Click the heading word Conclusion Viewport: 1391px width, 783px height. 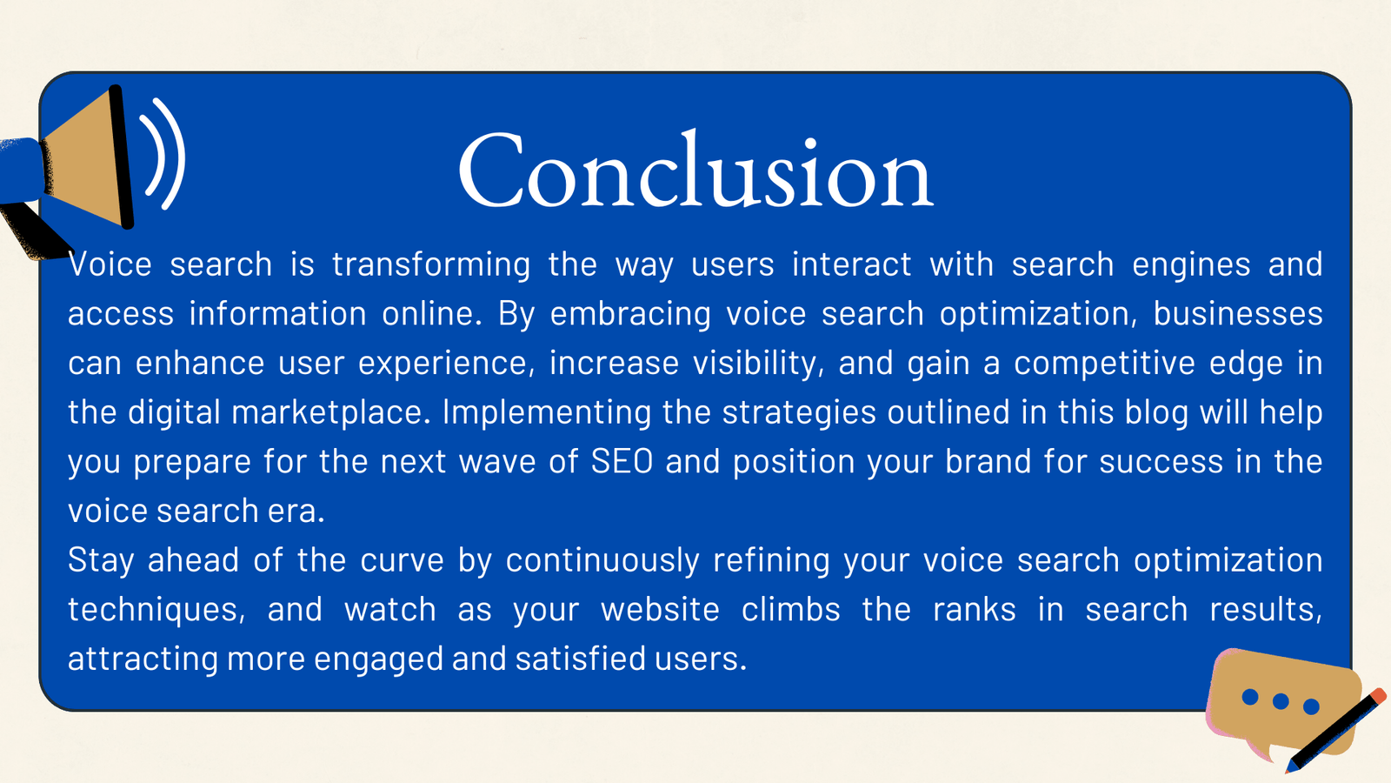695,171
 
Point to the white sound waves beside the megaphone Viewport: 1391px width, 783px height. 165,154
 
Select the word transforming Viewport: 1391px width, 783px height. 431,264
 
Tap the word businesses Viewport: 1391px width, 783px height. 1237,314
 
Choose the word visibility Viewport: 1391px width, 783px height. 757,364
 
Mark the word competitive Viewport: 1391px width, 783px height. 1104,364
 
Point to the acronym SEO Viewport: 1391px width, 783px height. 622,462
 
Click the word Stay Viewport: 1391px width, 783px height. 101,560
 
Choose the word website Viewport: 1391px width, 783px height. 660,610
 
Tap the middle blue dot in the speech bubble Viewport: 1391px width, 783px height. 1281,701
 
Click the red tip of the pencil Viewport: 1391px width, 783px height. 1378,696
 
